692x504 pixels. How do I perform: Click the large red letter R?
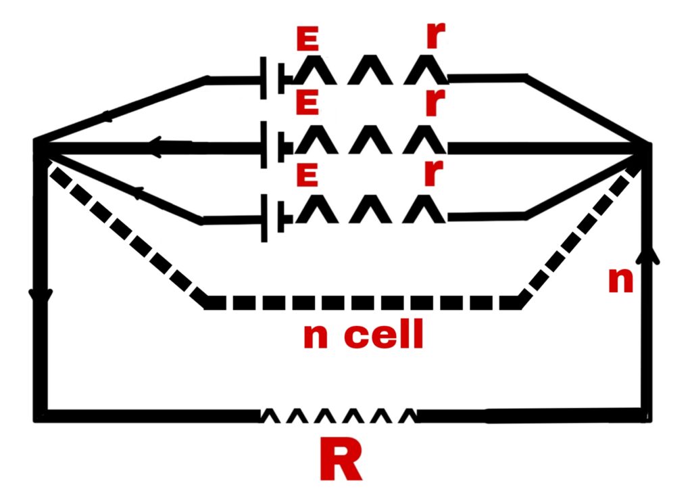pos(341,459)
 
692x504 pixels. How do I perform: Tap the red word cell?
pos(384,334)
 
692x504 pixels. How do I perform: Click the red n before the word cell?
pos(316,337)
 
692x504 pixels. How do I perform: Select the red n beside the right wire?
pos(620,280)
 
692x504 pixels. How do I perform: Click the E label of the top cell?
pos(307,39)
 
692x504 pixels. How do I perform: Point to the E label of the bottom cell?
pos(307,174)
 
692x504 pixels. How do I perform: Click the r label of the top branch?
pos(436,35)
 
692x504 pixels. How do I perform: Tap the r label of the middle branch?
pos(435,102)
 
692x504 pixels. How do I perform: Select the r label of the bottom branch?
pos(433,173)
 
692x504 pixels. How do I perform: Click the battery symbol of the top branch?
pos(276,78)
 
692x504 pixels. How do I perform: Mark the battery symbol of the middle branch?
pos(276,145)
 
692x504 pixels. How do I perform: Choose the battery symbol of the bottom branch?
pos(276,217)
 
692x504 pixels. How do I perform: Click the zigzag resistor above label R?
pos(339,415)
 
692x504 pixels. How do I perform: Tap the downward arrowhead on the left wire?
pos(41,296)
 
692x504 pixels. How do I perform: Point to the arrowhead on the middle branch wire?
pos(159,147)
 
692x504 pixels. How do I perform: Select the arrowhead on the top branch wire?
pos(107,116)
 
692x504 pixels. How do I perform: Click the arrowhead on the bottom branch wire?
pos(138,192)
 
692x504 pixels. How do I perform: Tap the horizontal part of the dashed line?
pos(362,302)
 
